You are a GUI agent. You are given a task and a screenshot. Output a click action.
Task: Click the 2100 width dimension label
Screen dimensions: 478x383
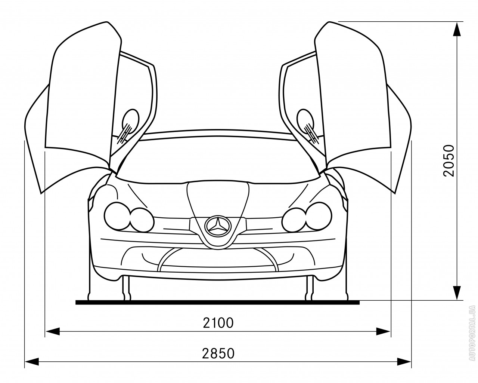coord(218,323)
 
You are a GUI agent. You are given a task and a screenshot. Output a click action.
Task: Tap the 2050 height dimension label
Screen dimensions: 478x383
coord(448,161)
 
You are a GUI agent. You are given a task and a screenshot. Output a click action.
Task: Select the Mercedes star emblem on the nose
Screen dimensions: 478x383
coord(218,226)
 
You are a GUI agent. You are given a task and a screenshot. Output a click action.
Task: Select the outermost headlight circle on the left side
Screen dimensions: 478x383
coord(117,216)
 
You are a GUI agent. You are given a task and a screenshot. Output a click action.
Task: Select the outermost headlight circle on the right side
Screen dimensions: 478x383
coord(319,216)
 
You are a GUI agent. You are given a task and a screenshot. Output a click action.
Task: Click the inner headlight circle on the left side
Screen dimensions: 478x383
coord(142,220)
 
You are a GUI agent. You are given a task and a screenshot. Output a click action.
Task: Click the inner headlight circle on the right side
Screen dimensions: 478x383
coord(294,220)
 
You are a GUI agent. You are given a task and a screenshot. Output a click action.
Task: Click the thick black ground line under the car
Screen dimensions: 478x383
coord(217,303)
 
